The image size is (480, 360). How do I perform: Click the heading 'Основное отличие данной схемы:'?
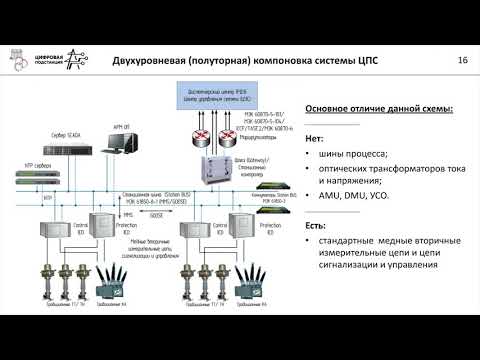(x=371, y=109)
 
